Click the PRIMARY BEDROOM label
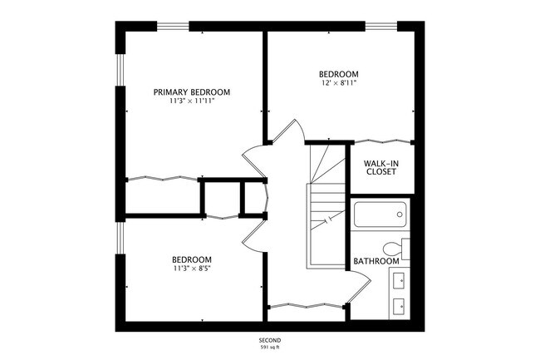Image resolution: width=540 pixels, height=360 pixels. click(x=192, y=92)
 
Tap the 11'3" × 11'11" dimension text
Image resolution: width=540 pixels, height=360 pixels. click(x=192, y=103)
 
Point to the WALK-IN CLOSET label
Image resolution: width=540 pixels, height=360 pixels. click(x=380, y=166)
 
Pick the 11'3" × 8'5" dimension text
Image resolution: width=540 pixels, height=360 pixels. click(x=192, y=269)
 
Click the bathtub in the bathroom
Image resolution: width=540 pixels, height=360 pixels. click(x=379, y=215)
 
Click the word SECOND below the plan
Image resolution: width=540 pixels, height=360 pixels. click(x=269, y=341)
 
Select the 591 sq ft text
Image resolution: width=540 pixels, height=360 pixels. click(x=269, y=348)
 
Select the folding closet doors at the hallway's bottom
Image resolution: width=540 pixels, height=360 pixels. click(x=305, y=305)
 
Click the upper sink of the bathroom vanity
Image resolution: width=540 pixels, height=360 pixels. click(x=399, y=279)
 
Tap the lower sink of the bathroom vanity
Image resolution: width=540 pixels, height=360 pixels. click(x=399, y=304)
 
